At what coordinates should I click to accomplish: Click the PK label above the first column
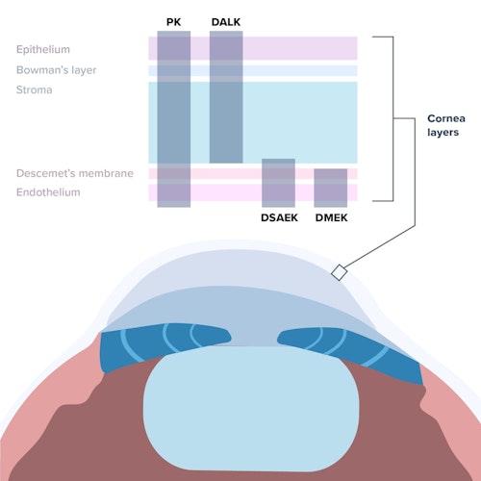pos(173,20)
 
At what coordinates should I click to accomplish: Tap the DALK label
pos(226,20)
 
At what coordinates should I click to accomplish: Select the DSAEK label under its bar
pos(279,217)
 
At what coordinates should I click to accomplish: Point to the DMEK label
pos(331,217)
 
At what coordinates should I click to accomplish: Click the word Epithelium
pos(42,49)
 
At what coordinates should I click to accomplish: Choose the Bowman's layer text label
pos(56,70)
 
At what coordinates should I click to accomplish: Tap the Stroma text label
pos(34,90)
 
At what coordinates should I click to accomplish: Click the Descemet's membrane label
pos(74,173)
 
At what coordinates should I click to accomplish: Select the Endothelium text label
pos(48,192)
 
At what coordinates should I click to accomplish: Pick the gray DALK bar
pos(226,96)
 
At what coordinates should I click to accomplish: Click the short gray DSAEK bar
pos(278,183)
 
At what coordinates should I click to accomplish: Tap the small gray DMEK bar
pos(330,188)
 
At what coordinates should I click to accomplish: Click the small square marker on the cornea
pos(339,273)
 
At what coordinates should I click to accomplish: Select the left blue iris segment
pos(164,342)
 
